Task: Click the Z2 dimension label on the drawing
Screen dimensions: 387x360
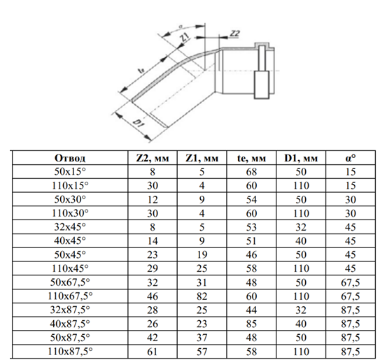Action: click(234, 34)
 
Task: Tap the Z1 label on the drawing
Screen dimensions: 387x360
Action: click(185, 38)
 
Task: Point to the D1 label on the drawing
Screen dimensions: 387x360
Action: click(139, 123)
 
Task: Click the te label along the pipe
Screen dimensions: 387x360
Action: click(141, 71)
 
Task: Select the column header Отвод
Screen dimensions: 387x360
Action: click(70, 158)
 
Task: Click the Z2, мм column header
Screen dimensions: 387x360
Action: click(153, 158)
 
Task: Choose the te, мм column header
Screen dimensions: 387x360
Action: click(251, 158)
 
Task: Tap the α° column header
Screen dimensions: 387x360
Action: click(351, 158)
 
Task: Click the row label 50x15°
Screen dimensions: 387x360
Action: click(70, 172)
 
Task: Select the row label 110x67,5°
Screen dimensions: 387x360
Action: click(70, 296)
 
